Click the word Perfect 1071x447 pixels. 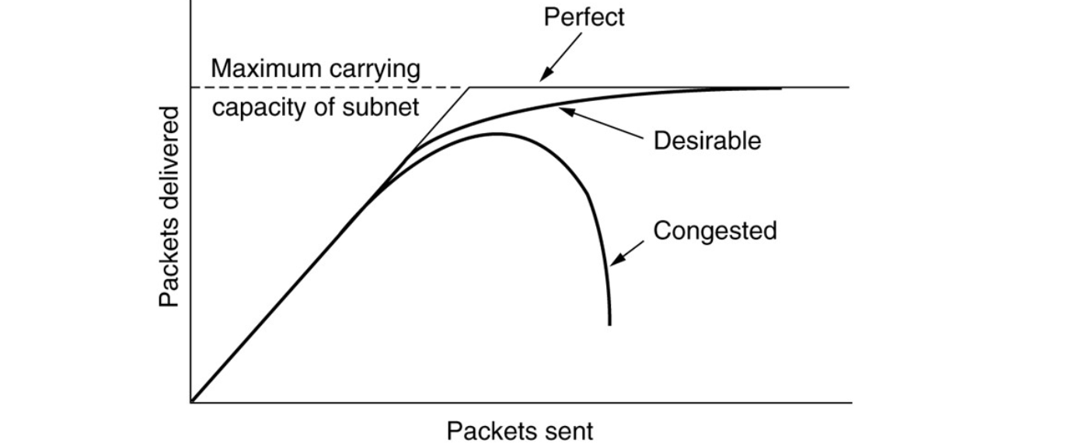pyautogui.click(x=583, y=17)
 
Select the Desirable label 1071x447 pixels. pyautogui.click(x=706, y=141)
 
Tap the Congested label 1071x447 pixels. pyautogui.click(x=715, y=231)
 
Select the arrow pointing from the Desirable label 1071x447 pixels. pyautogui.click(x=602, y=124)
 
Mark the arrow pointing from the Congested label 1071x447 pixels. pyautogui.click(x=628, y=253)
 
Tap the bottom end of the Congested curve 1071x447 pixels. pyautogui.click(x=610, y=323)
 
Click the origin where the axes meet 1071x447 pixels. pyautogui.click(x=190, y=403)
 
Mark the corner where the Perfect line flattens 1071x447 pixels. pyautogui.click(x=471, y=87)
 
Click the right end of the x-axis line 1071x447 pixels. pyautogui.click(x=851, y=403)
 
